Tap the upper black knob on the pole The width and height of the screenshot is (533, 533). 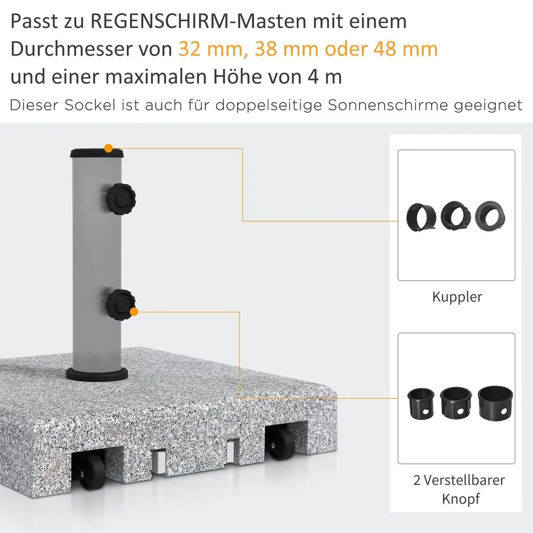(120, 199)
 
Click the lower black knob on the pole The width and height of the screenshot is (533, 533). (120, 305)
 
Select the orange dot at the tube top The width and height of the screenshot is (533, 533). (108, 148)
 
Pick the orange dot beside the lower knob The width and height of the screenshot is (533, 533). (134, 312)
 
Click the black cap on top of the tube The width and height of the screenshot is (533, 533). (97, 153)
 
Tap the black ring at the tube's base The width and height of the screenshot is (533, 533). (97, 374)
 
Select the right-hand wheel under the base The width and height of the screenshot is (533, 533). (280, 443)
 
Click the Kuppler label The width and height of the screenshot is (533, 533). (457, 297)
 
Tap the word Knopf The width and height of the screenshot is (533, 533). (461, 499)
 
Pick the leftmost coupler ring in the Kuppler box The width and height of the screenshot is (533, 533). (422, 217)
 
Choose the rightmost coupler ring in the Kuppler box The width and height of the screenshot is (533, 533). (490, 216)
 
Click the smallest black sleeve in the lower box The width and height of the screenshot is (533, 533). (421, 403)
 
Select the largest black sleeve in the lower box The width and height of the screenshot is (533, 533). (495, 403)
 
